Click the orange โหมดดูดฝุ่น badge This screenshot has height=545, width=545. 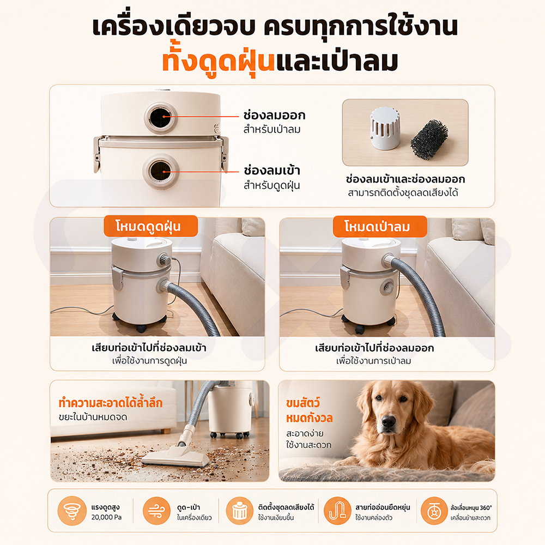tap(151, 226)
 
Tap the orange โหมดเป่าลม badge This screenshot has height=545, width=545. tap(380, 226)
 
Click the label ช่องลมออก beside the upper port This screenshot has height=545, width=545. tap(274, 115)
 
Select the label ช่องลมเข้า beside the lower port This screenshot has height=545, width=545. tap(272, 170)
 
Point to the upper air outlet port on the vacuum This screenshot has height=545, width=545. tap(161, 117)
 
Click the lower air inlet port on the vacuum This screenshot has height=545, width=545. tap(161, 172)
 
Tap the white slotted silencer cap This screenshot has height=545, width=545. tap(385, 128)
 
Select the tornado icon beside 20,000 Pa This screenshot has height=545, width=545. tap(72, 511)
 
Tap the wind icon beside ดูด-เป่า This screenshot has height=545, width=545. tap(157, 511)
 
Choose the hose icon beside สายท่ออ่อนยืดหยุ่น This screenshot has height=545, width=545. tap(337, 511)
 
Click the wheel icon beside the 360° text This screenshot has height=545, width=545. tap(434, 511)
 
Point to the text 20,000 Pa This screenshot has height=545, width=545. tap(106, 517)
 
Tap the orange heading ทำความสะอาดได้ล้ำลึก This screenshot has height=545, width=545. tap(111, 402)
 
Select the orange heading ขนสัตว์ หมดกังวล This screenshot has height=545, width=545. tap(310, 410)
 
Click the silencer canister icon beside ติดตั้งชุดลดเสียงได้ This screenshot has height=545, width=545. tap(239, 511)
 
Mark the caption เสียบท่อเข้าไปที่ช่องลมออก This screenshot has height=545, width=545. tap(374, 348)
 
